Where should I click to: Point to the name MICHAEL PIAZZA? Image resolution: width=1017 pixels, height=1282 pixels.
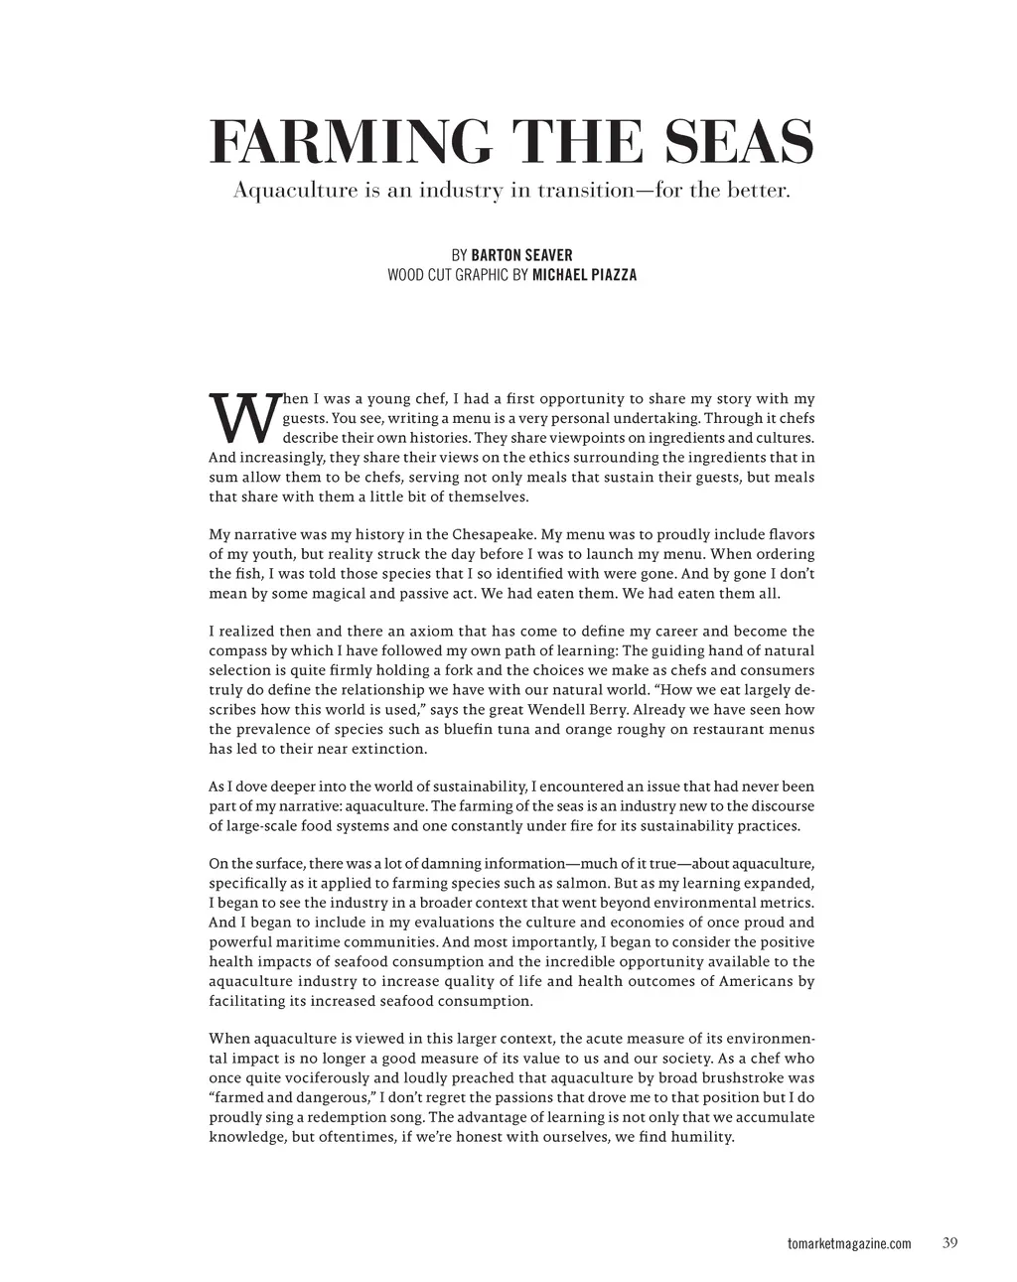pos(584,275)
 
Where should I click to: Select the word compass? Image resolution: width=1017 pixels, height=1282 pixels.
pos(237,650)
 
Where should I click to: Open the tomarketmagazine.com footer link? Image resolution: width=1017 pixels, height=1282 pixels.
pos(847,1244)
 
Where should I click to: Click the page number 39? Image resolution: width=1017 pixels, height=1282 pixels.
pos(949,1243)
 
